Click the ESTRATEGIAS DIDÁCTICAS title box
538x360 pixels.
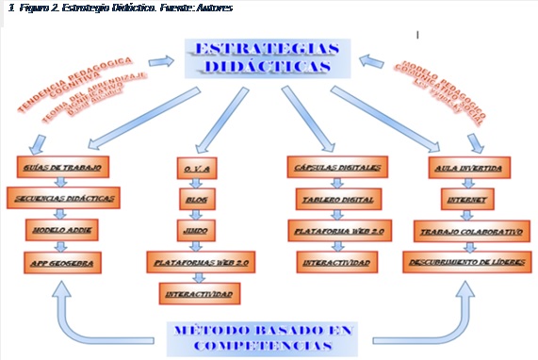coord(269,57)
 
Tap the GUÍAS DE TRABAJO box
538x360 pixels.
coord(63,168)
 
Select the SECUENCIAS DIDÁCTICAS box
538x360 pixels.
coord(63,199)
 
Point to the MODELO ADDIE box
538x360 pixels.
coord(63,229)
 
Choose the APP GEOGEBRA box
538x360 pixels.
coord(63,259)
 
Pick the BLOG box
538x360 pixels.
coord(197,199)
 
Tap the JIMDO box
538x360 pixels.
coord(197,229)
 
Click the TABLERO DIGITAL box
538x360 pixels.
coord(336,199)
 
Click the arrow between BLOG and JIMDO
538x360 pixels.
coord(197,214)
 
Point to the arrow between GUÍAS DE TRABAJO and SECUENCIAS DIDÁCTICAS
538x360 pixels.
coord(63,184)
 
